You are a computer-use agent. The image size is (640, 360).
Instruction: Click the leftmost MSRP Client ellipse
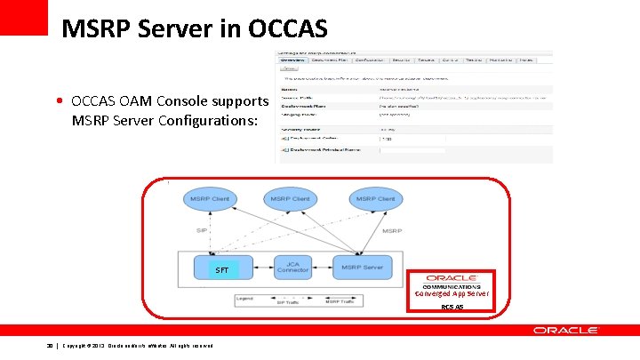click(210, 199)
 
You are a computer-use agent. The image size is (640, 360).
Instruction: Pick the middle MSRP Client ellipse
click(291, 199)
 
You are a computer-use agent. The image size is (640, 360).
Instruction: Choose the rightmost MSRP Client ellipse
click(375, 199)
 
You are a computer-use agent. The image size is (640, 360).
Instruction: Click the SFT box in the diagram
click(222, 269)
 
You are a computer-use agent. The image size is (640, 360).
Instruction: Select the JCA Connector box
click(292, 267)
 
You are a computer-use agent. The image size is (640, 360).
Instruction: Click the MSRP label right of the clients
click(391, 230)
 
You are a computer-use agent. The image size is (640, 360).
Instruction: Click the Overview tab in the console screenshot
click(292, 60)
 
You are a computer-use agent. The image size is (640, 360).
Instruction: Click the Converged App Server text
click(452, 294)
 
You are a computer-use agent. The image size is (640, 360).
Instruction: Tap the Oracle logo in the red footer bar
click(565, 330)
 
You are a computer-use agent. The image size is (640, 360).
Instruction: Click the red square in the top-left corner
click(23, 17)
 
